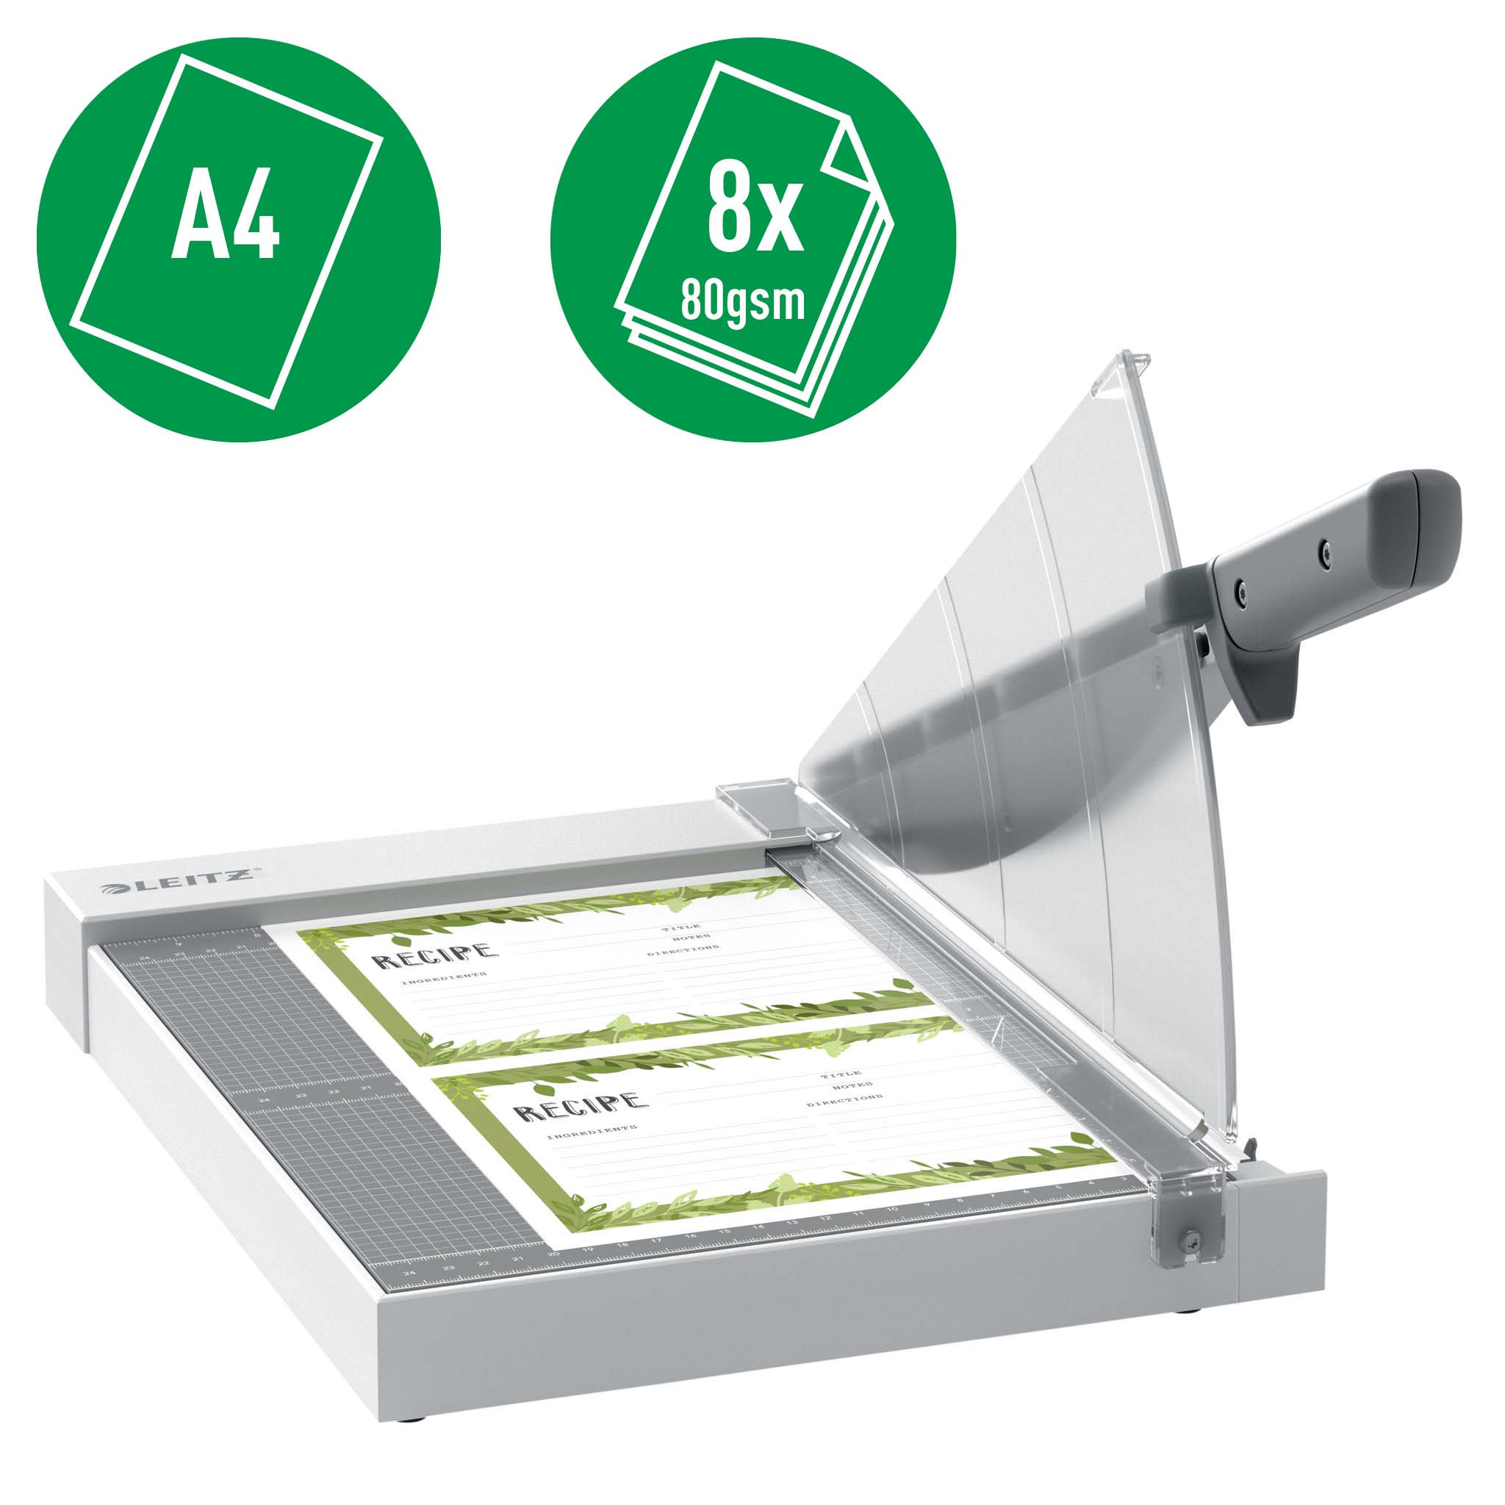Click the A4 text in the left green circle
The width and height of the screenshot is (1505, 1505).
click(x=225, y=213)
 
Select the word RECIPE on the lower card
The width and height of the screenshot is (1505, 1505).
click(x=581, y=1106)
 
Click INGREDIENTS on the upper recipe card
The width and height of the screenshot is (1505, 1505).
click(x=444, y=978)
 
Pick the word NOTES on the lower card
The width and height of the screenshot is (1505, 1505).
click(x=852, y=1086)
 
